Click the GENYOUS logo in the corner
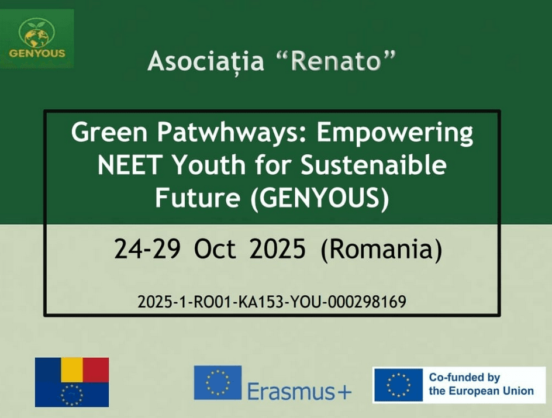[37, 39]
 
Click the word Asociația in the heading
[206, 61]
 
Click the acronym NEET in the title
[130, 165]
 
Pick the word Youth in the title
[210, 165]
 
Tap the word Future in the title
[198, 198]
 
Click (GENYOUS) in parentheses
[320, 198]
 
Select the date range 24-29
[147, 249]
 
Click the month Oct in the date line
[215, 249]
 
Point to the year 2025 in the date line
[277, 249]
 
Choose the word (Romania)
[381, 250]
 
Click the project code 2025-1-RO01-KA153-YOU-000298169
[272, 302]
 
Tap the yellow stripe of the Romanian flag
[72, 370]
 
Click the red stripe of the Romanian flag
[96, 370]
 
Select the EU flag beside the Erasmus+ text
[218, 382]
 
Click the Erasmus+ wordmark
[299, 391]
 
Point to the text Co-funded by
[464, 378]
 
